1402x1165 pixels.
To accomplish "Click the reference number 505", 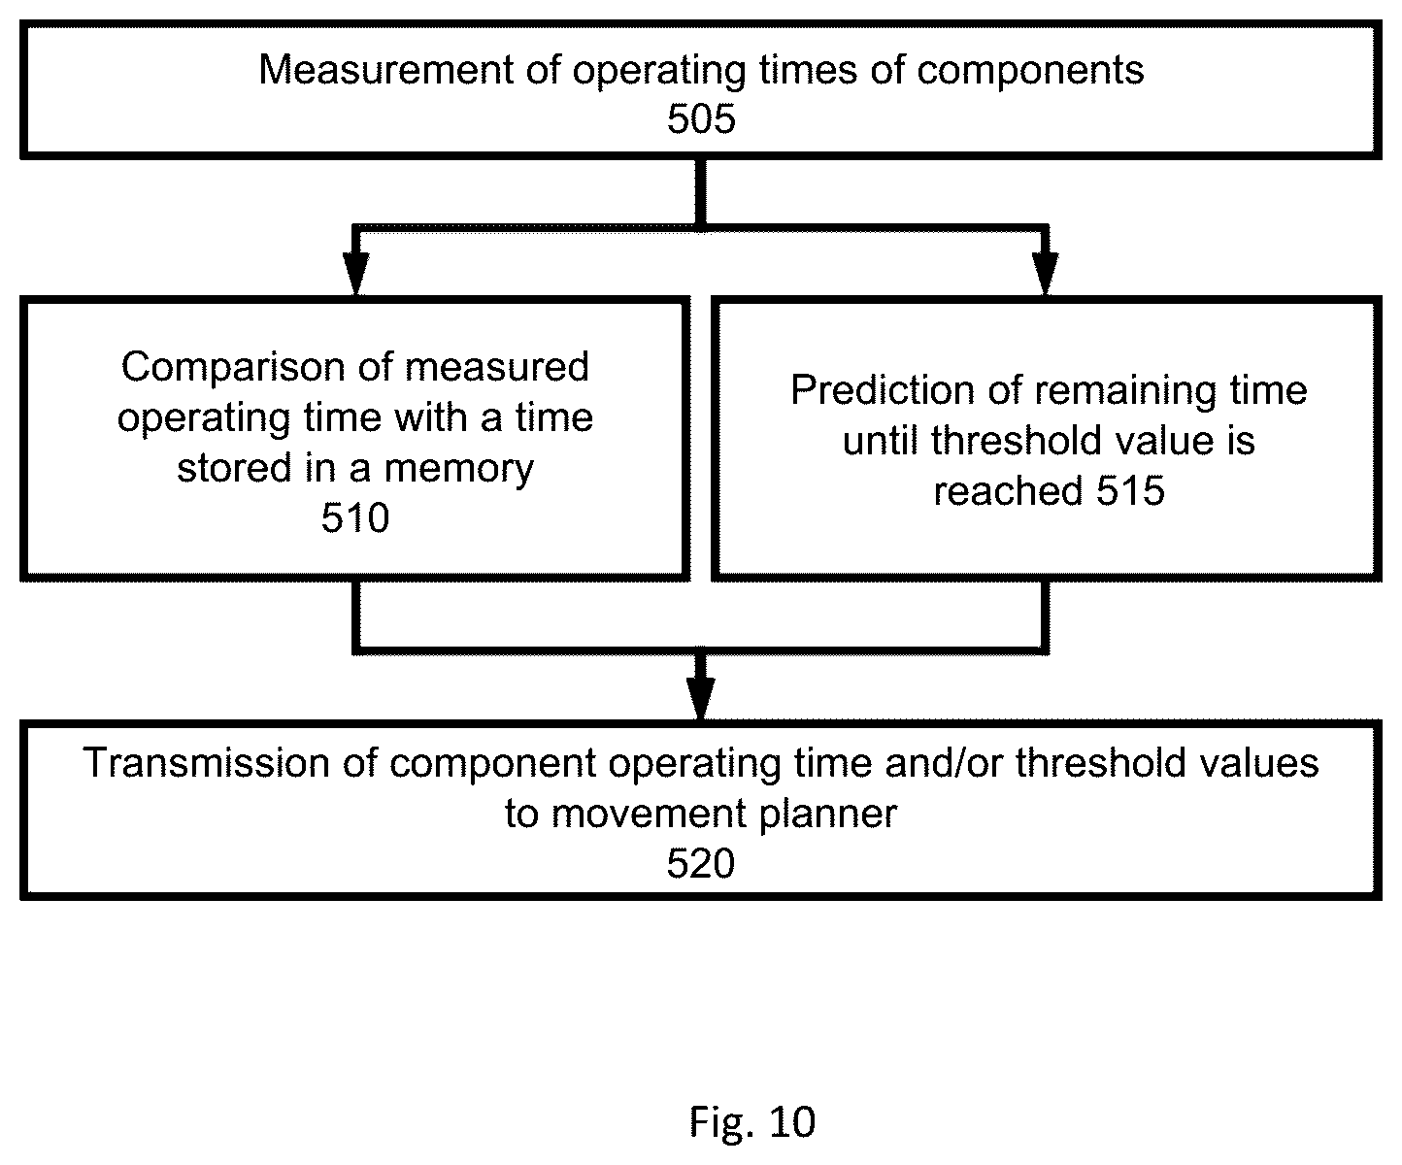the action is point(701,118).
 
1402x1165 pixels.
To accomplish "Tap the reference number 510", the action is point(355,517).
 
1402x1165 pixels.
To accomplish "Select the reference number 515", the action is point(1131,490).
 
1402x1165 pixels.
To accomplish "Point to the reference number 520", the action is point(701,863).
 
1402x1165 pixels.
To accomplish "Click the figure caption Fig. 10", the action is point(752,1121).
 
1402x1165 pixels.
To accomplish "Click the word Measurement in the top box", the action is point(386,70).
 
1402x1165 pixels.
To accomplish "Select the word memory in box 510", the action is point(459,469).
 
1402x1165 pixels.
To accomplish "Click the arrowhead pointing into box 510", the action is point(355,273).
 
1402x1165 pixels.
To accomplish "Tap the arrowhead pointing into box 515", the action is point(1046,273).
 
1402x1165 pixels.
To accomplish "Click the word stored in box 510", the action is point(234,468).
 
